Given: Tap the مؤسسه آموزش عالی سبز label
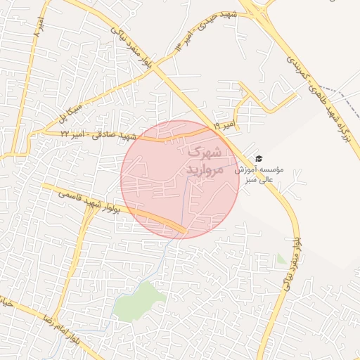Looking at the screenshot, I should click(262, 174).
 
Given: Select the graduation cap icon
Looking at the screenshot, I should click(258, 159).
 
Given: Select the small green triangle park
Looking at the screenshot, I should click(282, 259).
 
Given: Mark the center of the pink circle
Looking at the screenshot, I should click(180, 179).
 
